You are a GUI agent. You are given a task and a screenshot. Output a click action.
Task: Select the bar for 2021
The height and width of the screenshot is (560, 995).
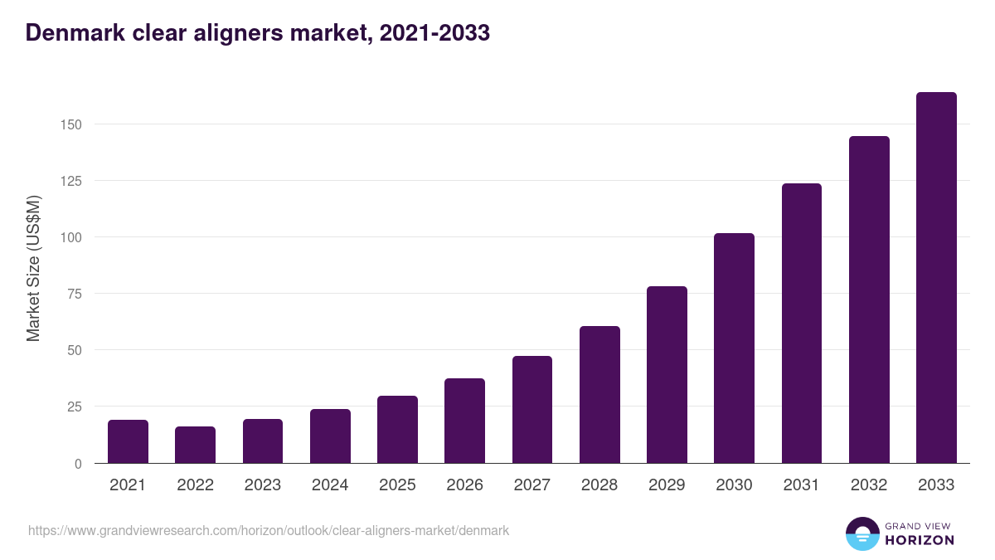pyautogui.click(x=128, y=441)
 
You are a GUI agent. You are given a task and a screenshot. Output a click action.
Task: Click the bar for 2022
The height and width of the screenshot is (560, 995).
pyautogui.click(x=195, y=445)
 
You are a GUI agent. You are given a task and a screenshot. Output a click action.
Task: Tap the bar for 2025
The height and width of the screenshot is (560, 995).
pyautogui.click(x=397, y=430)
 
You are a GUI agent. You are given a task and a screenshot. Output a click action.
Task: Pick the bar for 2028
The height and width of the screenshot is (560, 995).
pyautogui.click(x=599, y=395)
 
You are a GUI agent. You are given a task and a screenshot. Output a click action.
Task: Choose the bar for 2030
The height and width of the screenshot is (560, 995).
pyautogui.click(x=734, y=348)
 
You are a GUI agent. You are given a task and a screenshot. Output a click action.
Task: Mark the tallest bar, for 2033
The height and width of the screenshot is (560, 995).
pyautogui.click(x=936, y=278)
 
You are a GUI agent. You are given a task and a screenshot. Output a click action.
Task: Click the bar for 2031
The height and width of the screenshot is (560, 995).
pyautogui.click(x=802, y=324)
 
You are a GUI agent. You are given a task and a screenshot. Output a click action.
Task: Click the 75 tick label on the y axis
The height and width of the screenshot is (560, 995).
pyautogui.click(x=75, y=294)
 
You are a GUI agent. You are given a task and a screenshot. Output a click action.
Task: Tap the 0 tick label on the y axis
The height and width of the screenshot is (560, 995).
pyautogui.click(x=79, y=464)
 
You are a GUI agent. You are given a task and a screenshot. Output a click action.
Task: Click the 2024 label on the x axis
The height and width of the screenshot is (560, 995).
pyautogui.click(x=330, y=485)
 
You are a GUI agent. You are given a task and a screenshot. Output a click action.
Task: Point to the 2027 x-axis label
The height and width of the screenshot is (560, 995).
pyautogui.click(x=532, y=485)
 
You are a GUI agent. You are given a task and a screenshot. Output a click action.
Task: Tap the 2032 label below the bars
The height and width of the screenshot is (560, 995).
pyautogui.click(x=869, y=485)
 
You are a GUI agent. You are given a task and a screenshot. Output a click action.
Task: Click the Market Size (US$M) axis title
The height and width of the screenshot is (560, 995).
pyautogui.click(x=33, y=268)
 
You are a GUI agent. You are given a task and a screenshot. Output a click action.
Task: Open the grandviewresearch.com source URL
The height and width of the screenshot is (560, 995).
pyautogui.click(x=269, y=530)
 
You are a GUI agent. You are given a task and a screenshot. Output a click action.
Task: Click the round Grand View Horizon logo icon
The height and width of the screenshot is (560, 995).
pyautogui.click(x=862, y=533)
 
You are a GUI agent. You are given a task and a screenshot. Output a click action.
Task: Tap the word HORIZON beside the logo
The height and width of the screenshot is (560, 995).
pyautogui.click(x=920, y=540)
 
